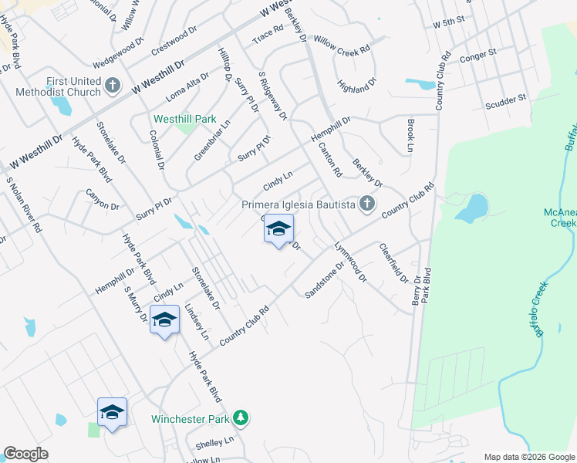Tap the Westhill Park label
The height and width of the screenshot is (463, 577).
coord(184,120)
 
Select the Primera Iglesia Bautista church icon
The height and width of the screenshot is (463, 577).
coord(366,204)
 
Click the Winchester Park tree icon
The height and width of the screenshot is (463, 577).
coord(241,418)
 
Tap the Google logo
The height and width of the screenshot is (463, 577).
coord(25,454)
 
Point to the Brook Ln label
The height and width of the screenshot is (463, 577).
coord(410,136)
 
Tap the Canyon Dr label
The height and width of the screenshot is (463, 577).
coord(103,200)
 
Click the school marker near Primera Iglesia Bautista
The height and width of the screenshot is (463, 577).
coord(278,229)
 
